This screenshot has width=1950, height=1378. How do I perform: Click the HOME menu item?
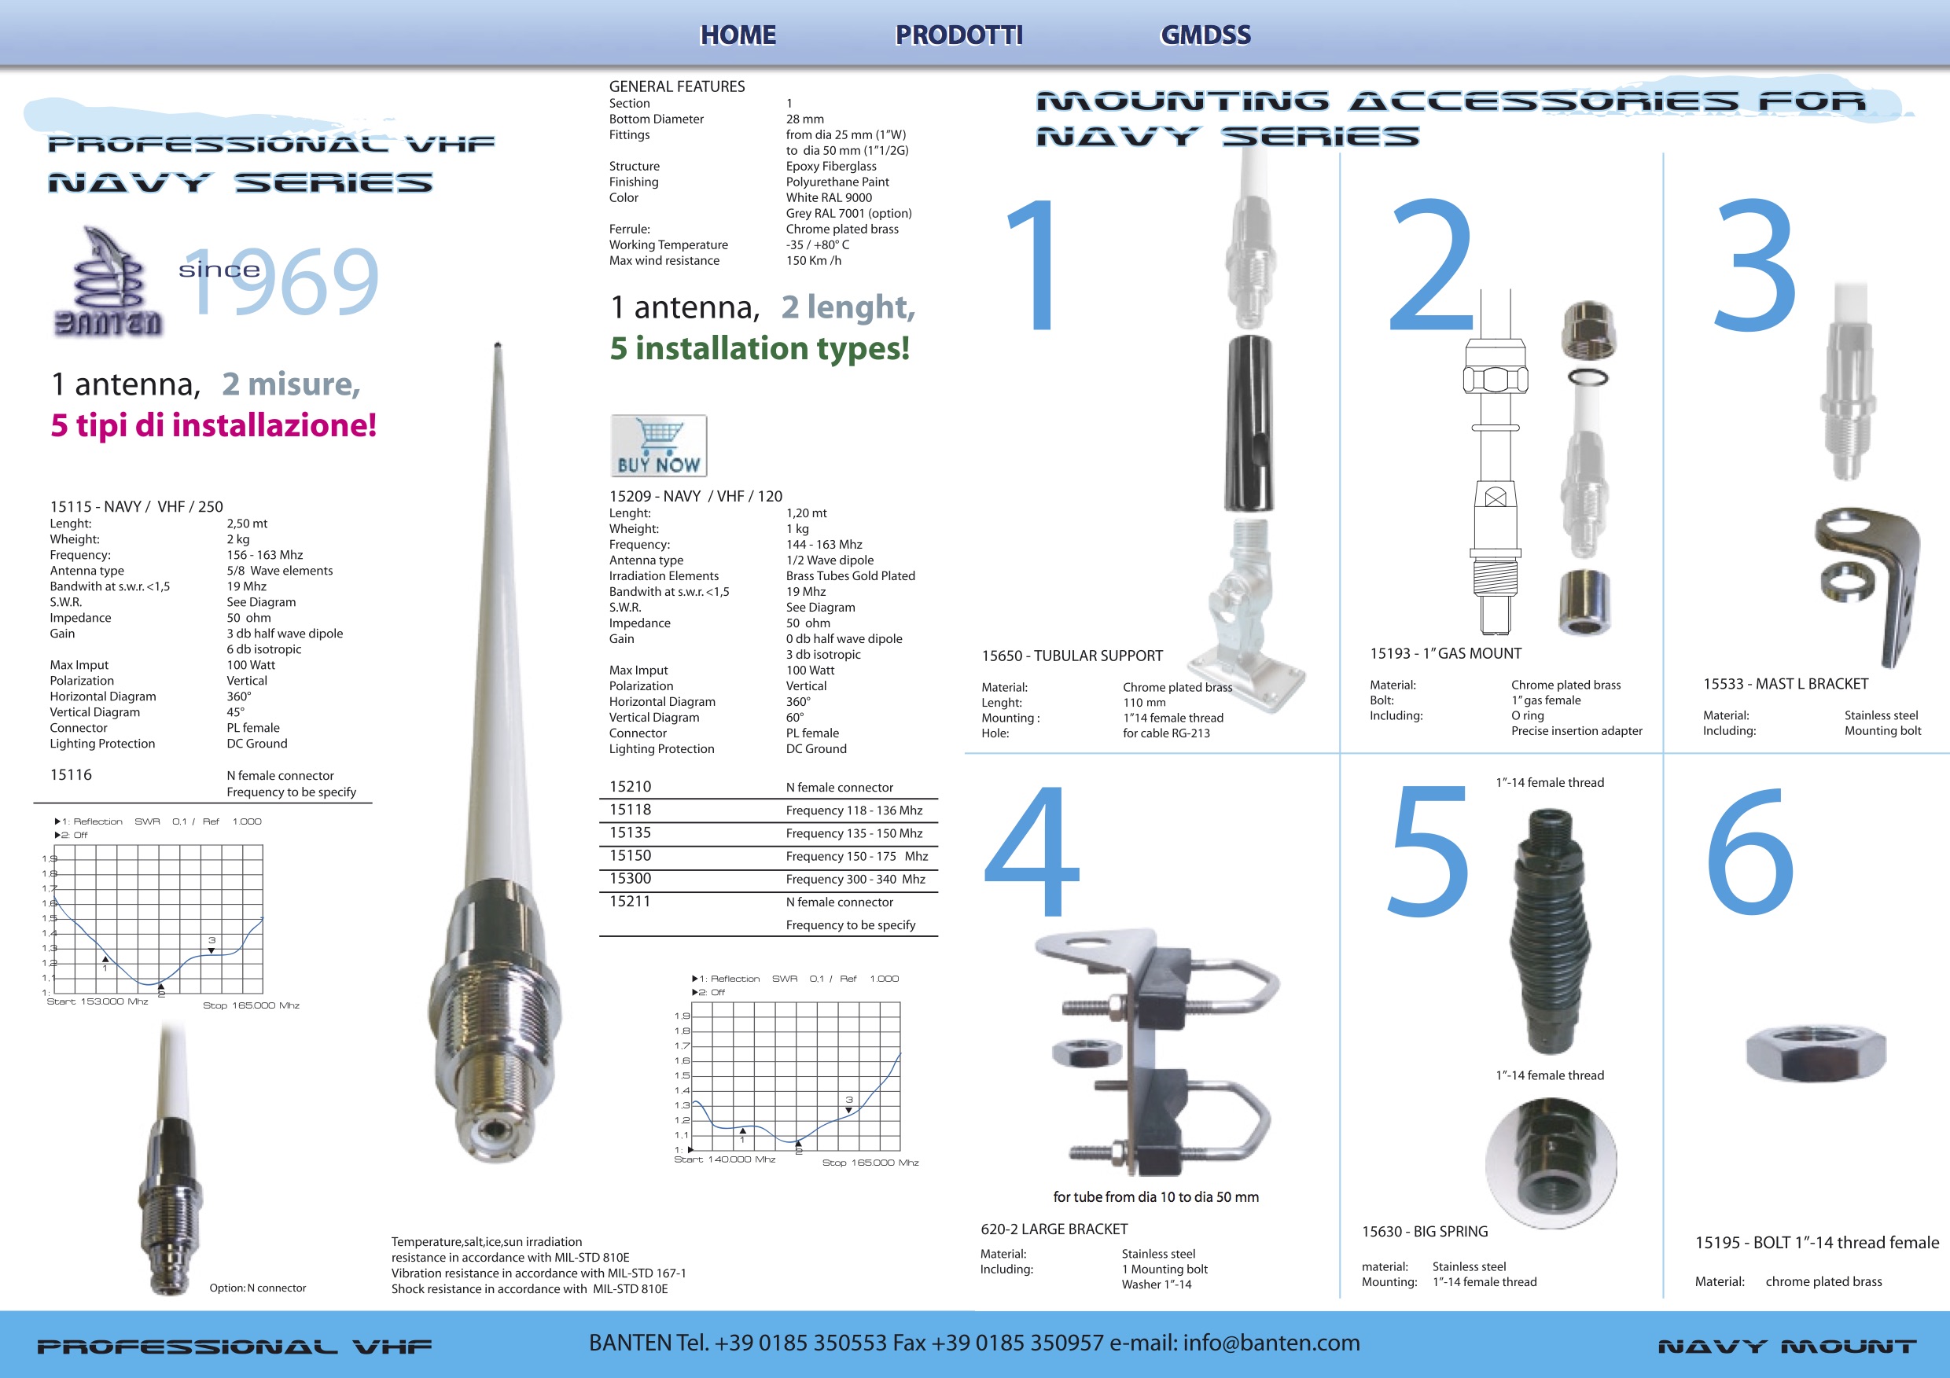(x=738, y=35)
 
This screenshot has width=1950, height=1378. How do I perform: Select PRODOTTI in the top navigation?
(x=958, y=35)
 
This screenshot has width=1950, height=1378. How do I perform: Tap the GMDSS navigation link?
(x=1205, y=35)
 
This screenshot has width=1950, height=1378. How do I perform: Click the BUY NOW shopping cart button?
(x=658, y=446)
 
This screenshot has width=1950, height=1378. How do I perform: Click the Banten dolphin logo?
(x=108, y=282)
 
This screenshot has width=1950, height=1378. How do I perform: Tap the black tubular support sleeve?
(x=1249, y=422)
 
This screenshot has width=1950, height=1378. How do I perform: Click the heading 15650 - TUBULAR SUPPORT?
(x=1072, y=656)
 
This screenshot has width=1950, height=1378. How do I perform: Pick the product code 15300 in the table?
(x=630, y=878)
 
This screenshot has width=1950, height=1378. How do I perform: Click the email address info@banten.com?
(x=1271, y=1343)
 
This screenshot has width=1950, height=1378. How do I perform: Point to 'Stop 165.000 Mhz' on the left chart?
(x=252, y=1005)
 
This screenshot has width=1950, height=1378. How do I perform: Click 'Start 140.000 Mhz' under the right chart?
(x=724, y=1159)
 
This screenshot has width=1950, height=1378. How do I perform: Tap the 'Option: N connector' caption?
(x=258, y=1288)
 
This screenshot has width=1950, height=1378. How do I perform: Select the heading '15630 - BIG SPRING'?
(x=1425, y=1232)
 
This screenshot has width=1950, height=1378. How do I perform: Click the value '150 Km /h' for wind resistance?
(x=814, y=261)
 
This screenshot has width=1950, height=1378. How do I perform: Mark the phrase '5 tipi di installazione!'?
(x=213, y=425)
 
